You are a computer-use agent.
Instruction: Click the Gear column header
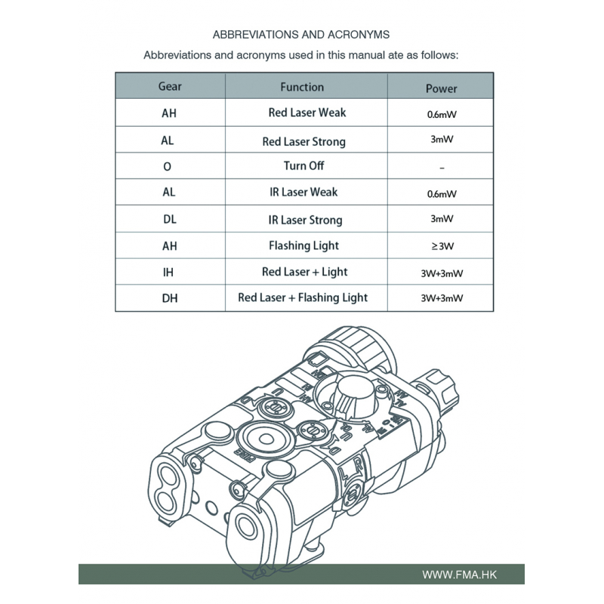pyautogui.click(x=170, y=87)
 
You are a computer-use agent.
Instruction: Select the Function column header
pyautogui.click(x=302, y=87)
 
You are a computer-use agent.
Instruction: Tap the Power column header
pyautogui.click(x=441, y=88)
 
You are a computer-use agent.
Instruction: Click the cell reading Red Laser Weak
pyautogui.click(x=307, y=112)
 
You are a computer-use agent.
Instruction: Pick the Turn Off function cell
pyautogui.click(x=304, y=165)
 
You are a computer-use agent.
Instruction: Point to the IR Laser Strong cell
pyautogui.click(x=305, y=220)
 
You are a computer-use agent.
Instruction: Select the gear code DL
pyautogui.click(x=169, y=219)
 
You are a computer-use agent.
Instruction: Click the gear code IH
pyautogui.click(x=169, y=271)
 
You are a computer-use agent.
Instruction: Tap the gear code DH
pyautogui.click(x=169, y=297)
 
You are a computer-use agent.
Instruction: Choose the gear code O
pyautogui.click(x=168, y=166)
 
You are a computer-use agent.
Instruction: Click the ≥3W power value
pyautogui.click(x=441, y=246)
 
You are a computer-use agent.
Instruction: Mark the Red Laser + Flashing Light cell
pyautogui.click(x=303, y=297)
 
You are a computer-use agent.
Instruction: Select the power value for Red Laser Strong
pyautogui.click(x=441, y=140)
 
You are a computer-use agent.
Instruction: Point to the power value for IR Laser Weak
pyautogui.click(x=441, y=193)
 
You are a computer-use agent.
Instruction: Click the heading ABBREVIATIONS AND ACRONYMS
pyautogui.click(x=301, y=35)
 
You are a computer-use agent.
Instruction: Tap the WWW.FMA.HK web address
pyautogui.click(x=460, y=575)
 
